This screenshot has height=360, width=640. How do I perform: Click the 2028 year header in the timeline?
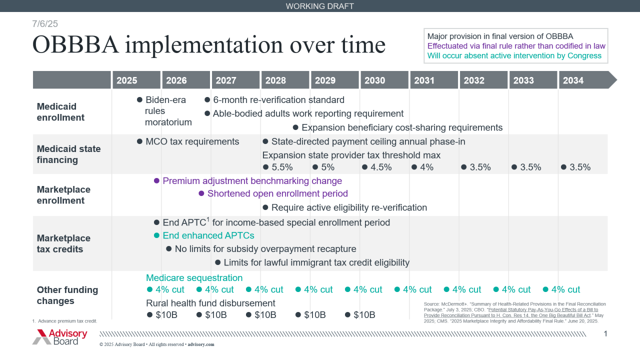click(x=275, y=80)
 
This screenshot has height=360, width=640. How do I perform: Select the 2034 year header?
click(x=573, y=80)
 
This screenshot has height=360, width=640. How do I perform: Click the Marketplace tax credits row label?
click(x=63, y=243)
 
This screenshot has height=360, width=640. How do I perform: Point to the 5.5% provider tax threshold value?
click(x=281, y=167)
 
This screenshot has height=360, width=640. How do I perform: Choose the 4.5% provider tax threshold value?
click(x=380, y=167)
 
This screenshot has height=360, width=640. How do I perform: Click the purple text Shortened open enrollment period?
click(x=277, y=193)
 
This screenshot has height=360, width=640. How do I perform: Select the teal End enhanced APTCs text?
click(x=208, y=235)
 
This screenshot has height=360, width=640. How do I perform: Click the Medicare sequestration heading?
click(x=194, y=278)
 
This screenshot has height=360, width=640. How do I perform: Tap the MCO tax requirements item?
click(x=192, y=141)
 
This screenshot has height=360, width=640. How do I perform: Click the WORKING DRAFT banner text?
click(x=319, y=6)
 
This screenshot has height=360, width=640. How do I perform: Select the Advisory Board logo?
click(x=60, y=336)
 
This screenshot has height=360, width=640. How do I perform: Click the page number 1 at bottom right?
click(x=605, y=334)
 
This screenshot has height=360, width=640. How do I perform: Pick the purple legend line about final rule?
click(x=516, y=46)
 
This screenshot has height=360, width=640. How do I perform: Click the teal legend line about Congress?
click(x=514, y=55)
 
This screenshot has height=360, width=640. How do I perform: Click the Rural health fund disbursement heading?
click(x=210, y=303)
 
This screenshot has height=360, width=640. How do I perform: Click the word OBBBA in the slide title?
click(x=75, y=44)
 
